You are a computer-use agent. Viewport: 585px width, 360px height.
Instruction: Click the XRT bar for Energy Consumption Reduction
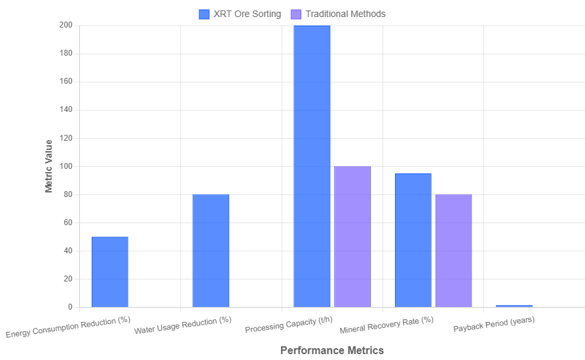110,272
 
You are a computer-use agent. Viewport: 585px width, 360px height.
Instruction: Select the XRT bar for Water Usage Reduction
211,251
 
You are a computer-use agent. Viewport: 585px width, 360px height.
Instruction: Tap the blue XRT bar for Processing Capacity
312,166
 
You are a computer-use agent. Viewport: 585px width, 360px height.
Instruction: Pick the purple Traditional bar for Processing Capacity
352,236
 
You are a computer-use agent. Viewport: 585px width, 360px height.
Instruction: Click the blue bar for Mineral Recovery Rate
413,240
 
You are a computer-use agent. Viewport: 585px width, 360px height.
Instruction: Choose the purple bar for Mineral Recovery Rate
453,251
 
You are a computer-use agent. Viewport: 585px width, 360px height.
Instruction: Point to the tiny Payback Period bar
514,306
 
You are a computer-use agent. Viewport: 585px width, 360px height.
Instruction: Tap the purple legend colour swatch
295,14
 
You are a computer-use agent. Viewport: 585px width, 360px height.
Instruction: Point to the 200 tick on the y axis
66,25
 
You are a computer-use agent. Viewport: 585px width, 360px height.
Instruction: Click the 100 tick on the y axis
66,166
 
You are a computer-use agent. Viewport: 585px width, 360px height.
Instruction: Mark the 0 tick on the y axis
70,307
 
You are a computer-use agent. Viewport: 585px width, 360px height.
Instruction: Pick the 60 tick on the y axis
67,223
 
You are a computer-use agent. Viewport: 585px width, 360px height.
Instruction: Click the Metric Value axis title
49,166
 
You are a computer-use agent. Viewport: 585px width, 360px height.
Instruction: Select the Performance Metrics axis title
331,350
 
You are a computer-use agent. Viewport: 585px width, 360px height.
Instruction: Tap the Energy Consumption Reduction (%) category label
69,327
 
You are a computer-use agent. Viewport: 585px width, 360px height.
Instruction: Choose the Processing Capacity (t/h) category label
289,325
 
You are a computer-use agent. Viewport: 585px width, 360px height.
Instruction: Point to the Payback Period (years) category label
494,324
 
